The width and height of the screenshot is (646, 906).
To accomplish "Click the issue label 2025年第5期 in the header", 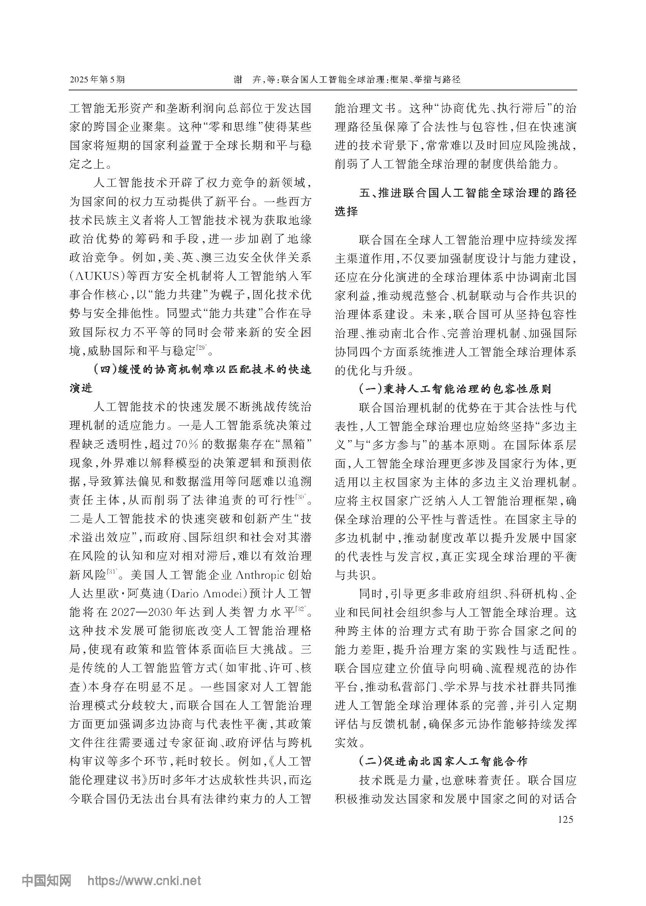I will [x=97, y=79].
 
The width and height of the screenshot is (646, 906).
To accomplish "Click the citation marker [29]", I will [x=201, y=349].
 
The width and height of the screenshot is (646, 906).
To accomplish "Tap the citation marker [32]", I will [x=301, y=609].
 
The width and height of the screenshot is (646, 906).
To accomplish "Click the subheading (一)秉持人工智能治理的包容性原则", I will [x=455, y=388].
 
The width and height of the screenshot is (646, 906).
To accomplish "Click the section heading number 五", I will [x=365, y=193].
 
